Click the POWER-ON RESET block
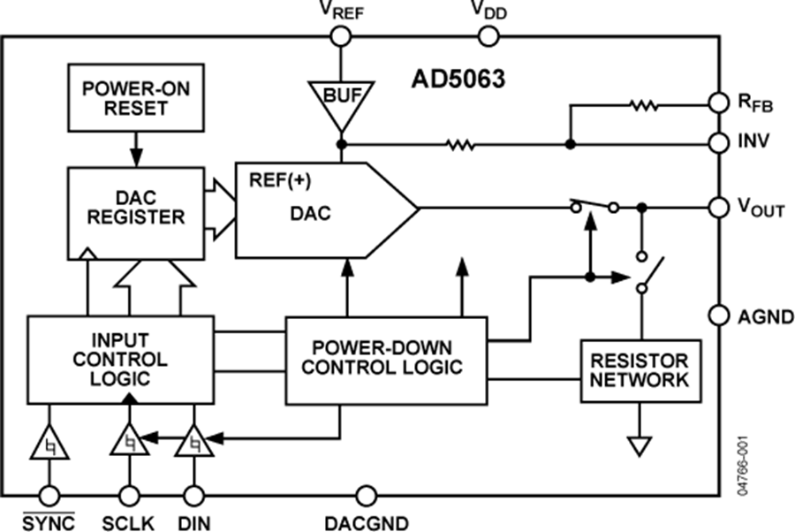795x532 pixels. (x=135, y=97)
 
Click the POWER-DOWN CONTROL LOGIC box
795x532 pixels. (x=385, y=359)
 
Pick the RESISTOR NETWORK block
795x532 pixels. (x=640, y=371)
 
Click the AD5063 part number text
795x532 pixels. (x=458, y=80)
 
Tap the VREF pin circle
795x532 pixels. (x=339, y=36)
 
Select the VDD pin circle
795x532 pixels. (x=488, y=36)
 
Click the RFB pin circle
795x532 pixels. (x=719, y=103)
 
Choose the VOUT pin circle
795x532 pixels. (x=719, y=208)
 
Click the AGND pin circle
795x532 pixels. (x=719, y=315)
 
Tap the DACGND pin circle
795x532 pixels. (x=365, y=497)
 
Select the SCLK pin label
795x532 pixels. (x=129, y=522)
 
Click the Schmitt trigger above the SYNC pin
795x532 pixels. (x=49, y=442)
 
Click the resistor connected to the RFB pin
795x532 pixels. (x=643, y=105)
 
